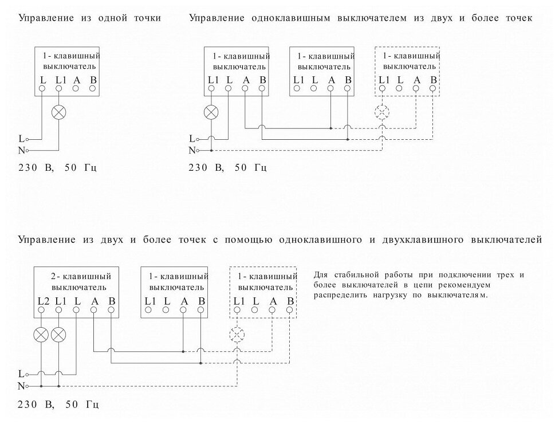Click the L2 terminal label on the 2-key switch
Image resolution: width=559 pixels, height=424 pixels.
click(42, 300)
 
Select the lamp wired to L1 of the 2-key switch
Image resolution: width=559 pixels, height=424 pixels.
click(58, 335)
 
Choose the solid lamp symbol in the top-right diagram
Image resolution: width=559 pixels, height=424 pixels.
click(212, 112)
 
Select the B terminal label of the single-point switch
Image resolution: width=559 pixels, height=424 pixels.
click(93, 80)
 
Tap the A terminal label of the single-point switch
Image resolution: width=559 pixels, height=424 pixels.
click(76, 80)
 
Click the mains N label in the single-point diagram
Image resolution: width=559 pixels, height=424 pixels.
click(22, 150)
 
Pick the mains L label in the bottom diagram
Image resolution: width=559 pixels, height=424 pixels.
click(22, 373)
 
